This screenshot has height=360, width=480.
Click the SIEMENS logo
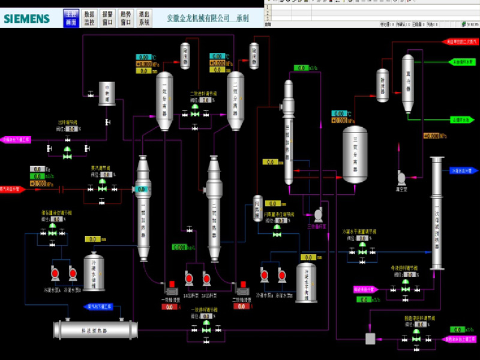pos(27,19)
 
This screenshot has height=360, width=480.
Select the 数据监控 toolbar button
pos(89,18)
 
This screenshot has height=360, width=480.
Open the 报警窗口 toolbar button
pos(107,18)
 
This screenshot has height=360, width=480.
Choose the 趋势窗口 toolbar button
pos(126,18)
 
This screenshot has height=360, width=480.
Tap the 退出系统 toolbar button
pos(145,18)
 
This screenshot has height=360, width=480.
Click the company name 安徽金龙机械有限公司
pos(199,19)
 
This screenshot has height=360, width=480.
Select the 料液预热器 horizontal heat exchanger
pos(96,329)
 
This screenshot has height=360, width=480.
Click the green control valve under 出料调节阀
pos(67,149)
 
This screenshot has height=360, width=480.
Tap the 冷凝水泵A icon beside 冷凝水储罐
pos(54,274)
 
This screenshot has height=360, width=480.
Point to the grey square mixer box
pos(371,339)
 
